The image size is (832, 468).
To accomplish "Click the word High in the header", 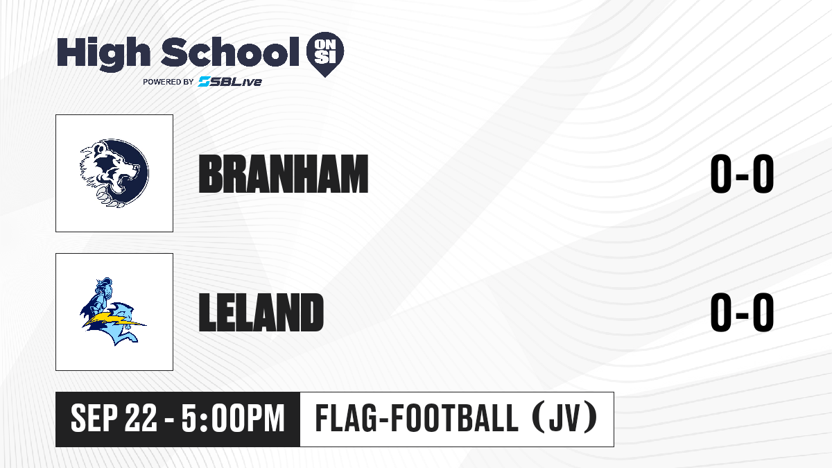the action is point(103,53).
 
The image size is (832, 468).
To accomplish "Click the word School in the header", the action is point(230,51).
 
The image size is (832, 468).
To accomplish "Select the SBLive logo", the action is point(229,81).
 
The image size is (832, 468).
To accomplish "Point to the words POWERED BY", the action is point(168,82).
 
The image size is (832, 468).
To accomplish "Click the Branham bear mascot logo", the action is point(114,173).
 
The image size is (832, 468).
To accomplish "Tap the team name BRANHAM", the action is point(284,174).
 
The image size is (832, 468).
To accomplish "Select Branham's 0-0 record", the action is point(742,174).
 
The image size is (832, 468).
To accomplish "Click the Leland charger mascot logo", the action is point(113,311).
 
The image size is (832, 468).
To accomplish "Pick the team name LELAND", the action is point(261,312).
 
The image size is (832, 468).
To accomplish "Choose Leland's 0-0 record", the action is point(742,312).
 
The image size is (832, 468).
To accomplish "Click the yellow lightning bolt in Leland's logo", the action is point(114,321).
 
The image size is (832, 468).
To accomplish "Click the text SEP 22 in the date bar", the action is point(114,419).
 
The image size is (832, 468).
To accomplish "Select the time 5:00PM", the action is point(233,419).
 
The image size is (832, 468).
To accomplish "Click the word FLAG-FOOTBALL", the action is point(417,418).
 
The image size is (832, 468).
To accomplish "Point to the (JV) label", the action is point(565,418).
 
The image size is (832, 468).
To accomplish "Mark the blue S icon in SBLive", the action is point(204,81).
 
